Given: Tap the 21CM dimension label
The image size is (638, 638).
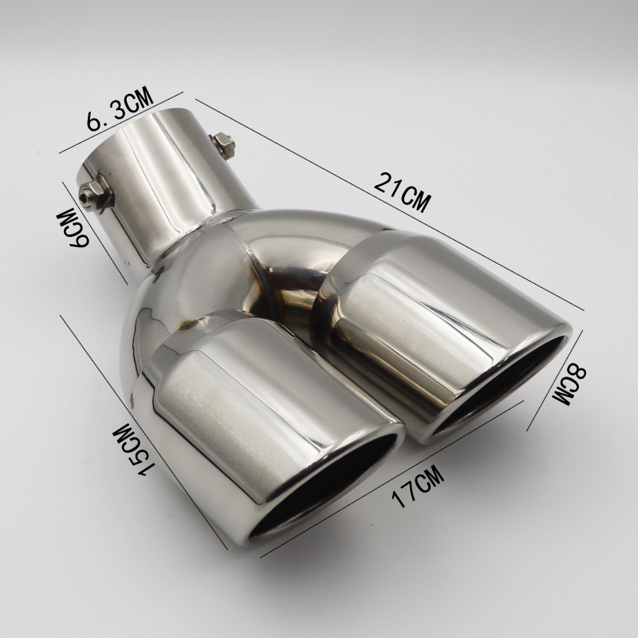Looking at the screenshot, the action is [402, 191].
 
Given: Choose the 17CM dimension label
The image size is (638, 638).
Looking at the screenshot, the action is [417, 486].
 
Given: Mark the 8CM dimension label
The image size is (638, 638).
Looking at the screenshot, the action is [569, 384].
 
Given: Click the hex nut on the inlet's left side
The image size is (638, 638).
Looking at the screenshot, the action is [94, 194].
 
